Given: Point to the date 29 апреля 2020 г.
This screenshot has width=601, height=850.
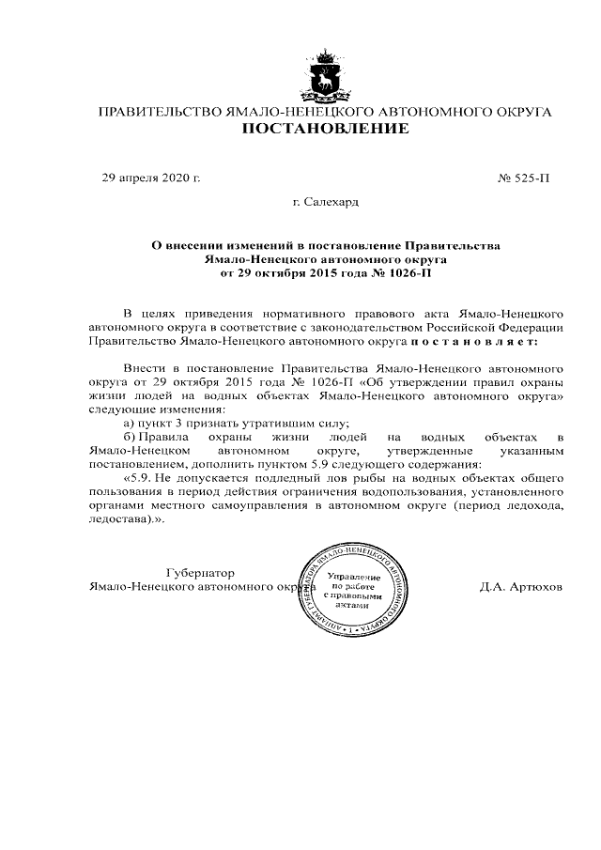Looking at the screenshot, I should click(x=151, y=178).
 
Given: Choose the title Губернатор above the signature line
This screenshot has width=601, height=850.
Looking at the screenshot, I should click(x=199, y=573).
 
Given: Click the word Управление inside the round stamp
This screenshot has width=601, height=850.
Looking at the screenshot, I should click(x=354, y=576).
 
